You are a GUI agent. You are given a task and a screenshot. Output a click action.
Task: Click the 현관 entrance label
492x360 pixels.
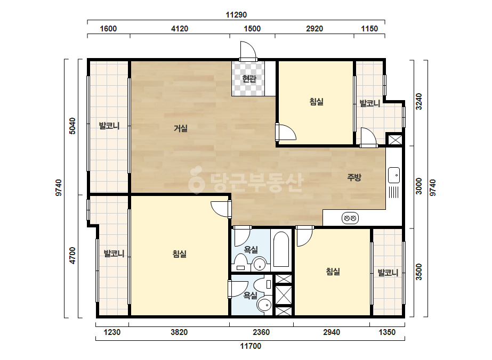(249, 78)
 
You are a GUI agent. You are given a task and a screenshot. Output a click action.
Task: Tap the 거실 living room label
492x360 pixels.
(181, 128)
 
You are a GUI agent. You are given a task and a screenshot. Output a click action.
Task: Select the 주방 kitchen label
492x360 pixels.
(354, 177)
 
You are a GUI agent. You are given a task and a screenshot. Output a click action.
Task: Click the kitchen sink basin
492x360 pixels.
(394, 175)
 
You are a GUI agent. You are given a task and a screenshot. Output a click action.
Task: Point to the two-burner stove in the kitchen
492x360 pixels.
(350, 218)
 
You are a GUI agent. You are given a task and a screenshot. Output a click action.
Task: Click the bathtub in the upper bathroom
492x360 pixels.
(281, 250)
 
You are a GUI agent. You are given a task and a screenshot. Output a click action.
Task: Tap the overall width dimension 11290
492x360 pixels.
(236, 15)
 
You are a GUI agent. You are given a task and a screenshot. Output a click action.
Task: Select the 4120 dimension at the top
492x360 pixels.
(180, 29)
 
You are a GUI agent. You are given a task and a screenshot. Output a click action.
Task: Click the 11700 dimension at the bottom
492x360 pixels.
(251, 346)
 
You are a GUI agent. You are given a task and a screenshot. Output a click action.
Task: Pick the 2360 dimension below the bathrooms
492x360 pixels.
(261, 332)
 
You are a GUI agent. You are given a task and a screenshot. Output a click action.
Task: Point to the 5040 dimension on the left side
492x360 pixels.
(72, 126)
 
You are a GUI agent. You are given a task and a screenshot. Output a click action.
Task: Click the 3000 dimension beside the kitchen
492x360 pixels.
(419, 186)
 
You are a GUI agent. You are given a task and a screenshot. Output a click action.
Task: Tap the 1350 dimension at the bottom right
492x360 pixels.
(387, 332)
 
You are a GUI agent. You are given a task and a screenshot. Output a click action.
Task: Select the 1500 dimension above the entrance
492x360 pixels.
(252, 29)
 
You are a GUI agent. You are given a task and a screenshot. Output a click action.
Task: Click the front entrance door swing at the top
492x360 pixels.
(248, 50)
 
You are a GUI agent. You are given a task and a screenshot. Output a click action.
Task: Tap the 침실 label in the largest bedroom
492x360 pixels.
(180, 253)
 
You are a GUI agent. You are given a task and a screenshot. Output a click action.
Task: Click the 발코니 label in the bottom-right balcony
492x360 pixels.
(388, 273)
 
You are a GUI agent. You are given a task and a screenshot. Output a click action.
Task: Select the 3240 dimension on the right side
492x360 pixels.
(419, 101)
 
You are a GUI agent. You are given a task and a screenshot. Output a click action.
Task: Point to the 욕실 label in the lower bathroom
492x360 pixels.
(251, 296)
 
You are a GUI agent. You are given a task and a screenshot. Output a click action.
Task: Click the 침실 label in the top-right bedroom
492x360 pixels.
(316, 102)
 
